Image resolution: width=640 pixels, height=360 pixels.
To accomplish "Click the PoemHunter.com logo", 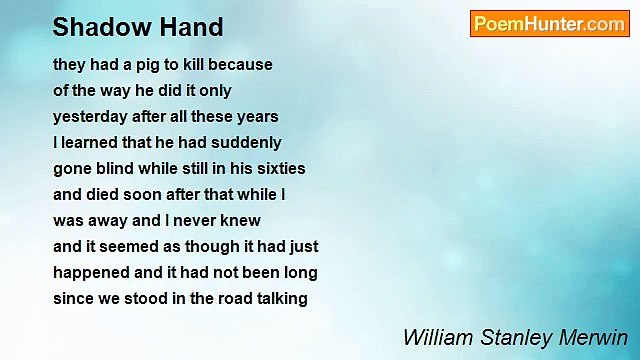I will pos(549,24).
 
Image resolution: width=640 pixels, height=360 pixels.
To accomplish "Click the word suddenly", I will pos(248,142).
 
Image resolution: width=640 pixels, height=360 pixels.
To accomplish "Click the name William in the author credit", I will pos(433,337).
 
